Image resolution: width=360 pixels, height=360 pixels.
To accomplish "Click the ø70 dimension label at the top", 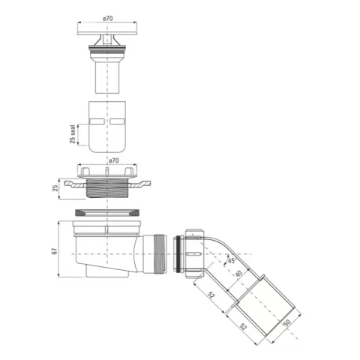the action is pyautogui.click(x=108, y=18).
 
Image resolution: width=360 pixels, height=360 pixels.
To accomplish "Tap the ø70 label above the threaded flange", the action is pyautogui.click(x=114, y=160).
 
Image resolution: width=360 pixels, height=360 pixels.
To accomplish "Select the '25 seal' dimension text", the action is pyautogui.click(x=73, y=134).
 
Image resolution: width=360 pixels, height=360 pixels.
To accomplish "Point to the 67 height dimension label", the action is pyautogui.click(x=55, y=251).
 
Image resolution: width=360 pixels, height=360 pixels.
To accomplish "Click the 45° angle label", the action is pyautogui.click(x=232, y=260).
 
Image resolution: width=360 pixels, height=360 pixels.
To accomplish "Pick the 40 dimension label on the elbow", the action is pyautogui.click(x=238, y=274).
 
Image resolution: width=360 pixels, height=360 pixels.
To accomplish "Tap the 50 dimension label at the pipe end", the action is pyautogui.click(x=286, y=322).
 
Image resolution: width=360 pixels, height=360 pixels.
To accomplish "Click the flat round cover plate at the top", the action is pyautogui.click(x=107, y=33).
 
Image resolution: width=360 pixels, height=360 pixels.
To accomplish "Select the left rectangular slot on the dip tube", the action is pyautogui.click(x=97, y=121).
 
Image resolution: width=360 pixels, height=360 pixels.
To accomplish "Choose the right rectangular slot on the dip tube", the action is pyautogui.click(x=117, y=121).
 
